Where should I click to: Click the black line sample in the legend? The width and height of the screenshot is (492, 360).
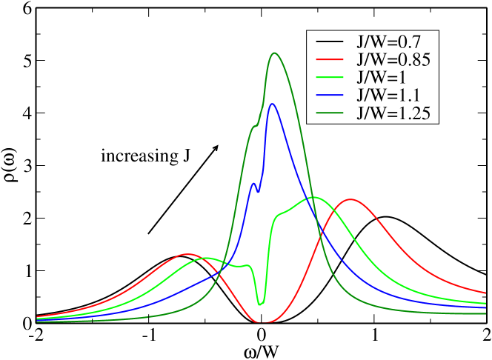tap(329, 40)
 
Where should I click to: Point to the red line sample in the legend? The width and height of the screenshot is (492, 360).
tap(329, 59)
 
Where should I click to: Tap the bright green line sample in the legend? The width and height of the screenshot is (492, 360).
tap(329, 77)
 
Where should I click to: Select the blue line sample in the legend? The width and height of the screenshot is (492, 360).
tap(329, 95)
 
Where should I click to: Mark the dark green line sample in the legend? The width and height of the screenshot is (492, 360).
tap(329, 113)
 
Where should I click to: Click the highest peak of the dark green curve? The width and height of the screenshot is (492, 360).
tap(275, 53)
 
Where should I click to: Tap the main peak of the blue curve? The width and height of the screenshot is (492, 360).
tap(273, 104)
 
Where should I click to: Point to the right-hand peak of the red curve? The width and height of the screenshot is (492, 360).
tap(350, 199)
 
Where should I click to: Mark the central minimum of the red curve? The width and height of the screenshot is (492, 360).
tap(264, 322)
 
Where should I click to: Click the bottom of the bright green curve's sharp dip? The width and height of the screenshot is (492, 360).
tap(260, 304)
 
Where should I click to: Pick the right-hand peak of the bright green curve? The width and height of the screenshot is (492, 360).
tap(313, 197)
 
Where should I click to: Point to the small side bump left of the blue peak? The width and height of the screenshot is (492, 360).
tap(253, 183)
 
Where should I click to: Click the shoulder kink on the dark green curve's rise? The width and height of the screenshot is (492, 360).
tap(254, 126)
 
